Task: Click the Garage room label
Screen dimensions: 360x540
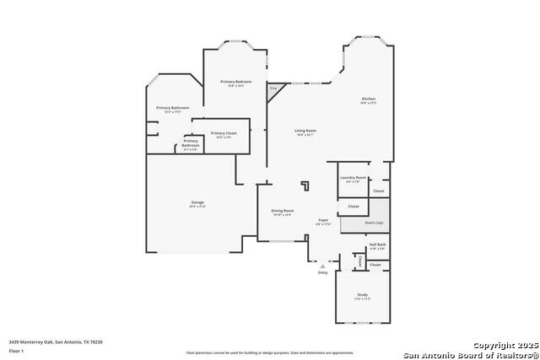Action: (x=197, y=202)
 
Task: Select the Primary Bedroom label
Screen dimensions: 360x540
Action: (x=232, y=81)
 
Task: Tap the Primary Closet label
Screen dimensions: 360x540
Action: (x=224, y=133)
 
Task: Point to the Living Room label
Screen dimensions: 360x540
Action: (x=305, y=130)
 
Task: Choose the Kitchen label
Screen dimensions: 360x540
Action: (x=369, y=99)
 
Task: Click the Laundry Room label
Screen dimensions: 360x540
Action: (x=353, y=177)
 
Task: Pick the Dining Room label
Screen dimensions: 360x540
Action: (x=282, y=210)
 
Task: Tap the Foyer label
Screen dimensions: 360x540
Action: (x=323, y=220)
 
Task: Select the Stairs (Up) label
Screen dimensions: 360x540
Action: (x=374, y=223)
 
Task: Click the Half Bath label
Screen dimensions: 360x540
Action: (x=377, y=244)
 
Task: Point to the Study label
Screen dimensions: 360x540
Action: (x=361, y=294)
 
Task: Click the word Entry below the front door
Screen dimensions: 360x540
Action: (x=322, y=273)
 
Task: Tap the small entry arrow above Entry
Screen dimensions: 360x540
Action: (x=321, y=266)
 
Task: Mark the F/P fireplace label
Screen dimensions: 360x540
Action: (x=273, y=88)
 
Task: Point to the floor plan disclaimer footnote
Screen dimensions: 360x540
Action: (x=270, y=352)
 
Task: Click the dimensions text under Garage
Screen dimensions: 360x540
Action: (x=197, y=207)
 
